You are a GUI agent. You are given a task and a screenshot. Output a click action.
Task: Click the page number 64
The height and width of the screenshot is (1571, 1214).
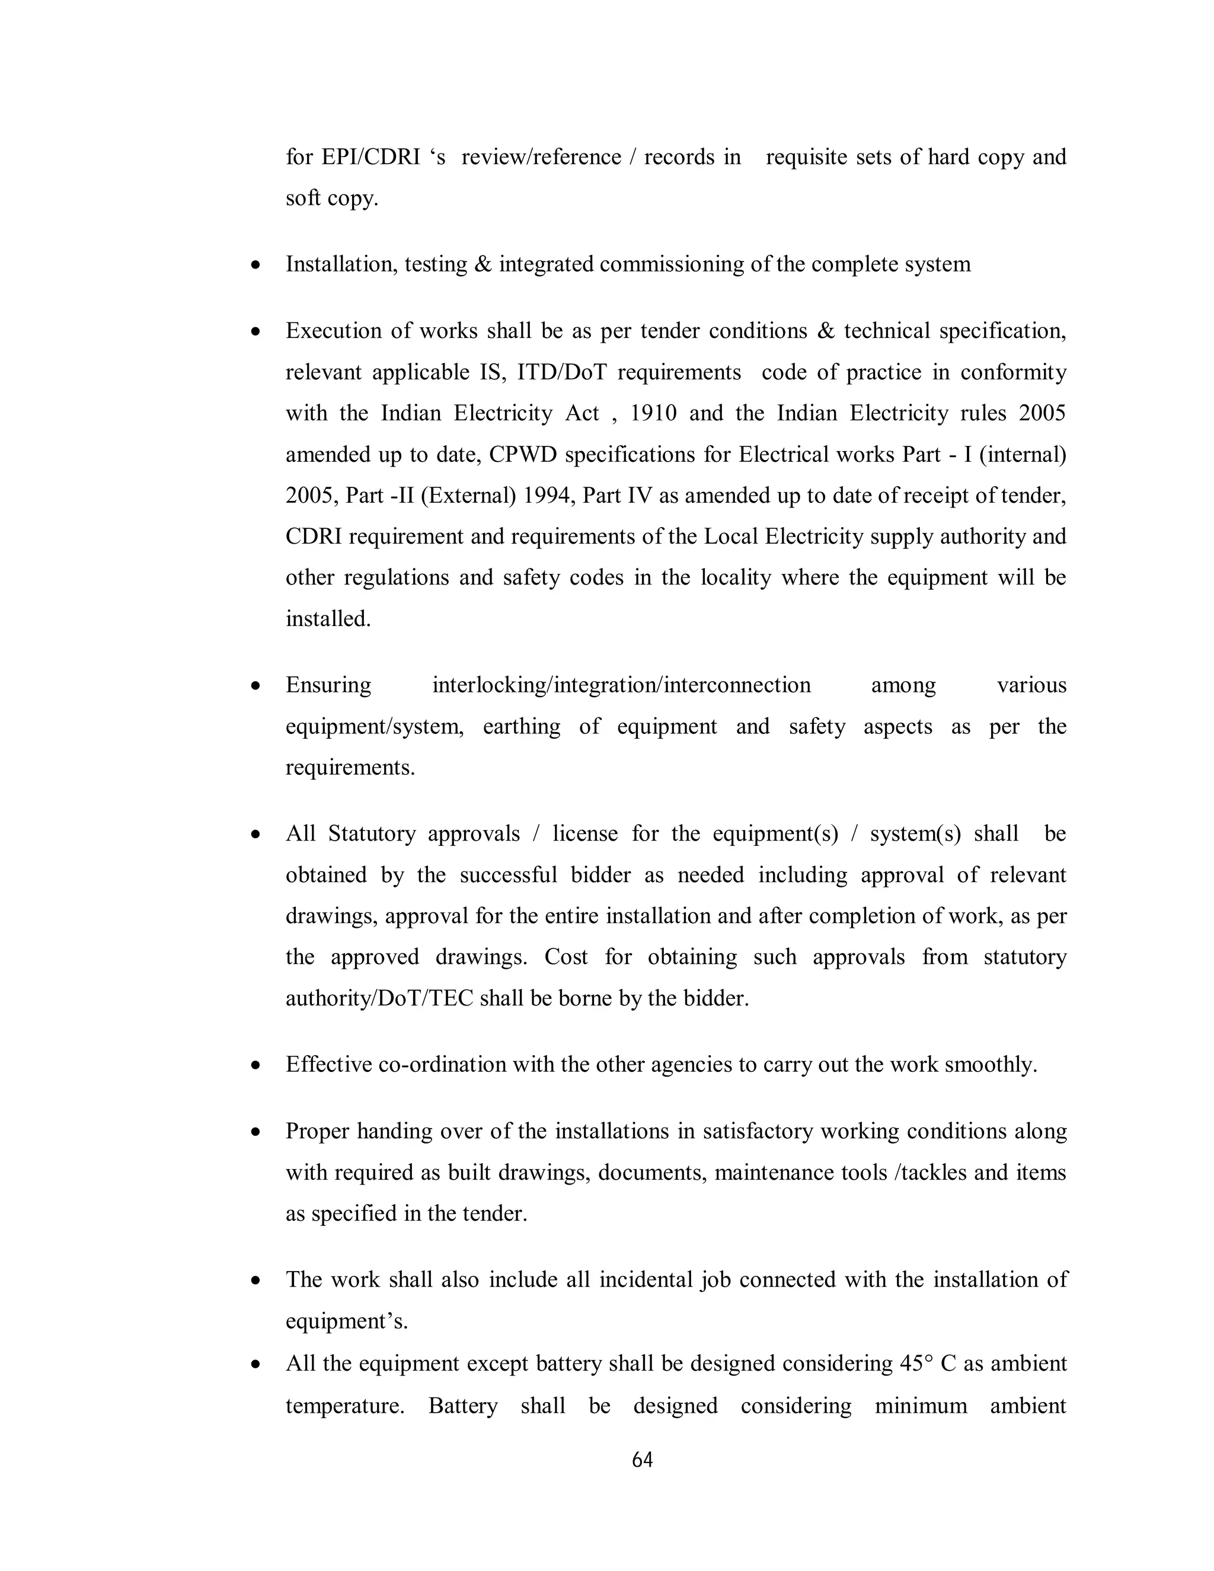tap(641, 1460)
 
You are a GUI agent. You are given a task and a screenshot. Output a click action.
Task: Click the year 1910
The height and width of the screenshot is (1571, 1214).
tap(653, 414)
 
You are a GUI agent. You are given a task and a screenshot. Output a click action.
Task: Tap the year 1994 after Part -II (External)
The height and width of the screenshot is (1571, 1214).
tap(547, 496)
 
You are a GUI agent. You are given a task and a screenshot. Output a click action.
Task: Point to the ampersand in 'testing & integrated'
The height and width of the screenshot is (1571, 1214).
tap(481, 265)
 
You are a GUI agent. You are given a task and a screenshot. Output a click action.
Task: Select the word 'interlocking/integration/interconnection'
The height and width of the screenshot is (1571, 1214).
tap(621, 685)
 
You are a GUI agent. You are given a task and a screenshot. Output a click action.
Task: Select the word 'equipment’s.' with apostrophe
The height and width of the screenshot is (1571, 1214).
tap(347, 1321)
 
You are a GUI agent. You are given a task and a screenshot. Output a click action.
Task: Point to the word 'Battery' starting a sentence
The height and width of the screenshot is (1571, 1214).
tap(462, 1406)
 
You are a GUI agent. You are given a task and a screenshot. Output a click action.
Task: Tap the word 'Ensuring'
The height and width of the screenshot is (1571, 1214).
tap(328, 685)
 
